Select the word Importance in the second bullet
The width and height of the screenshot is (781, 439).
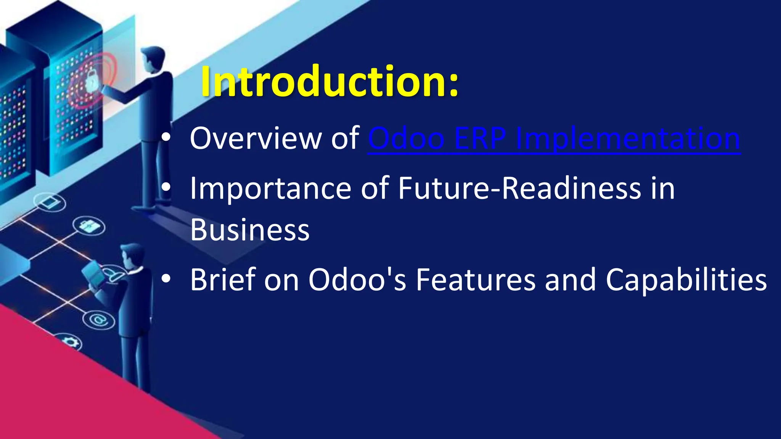271,188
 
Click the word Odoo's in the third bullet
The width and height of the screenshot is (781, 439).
357,279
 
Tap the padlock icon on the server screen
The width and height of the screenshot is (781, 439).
92,81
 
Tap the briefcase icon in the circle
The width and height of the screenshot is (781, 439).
89,226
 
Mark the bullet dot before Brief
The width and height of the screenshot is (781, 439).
166,279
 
